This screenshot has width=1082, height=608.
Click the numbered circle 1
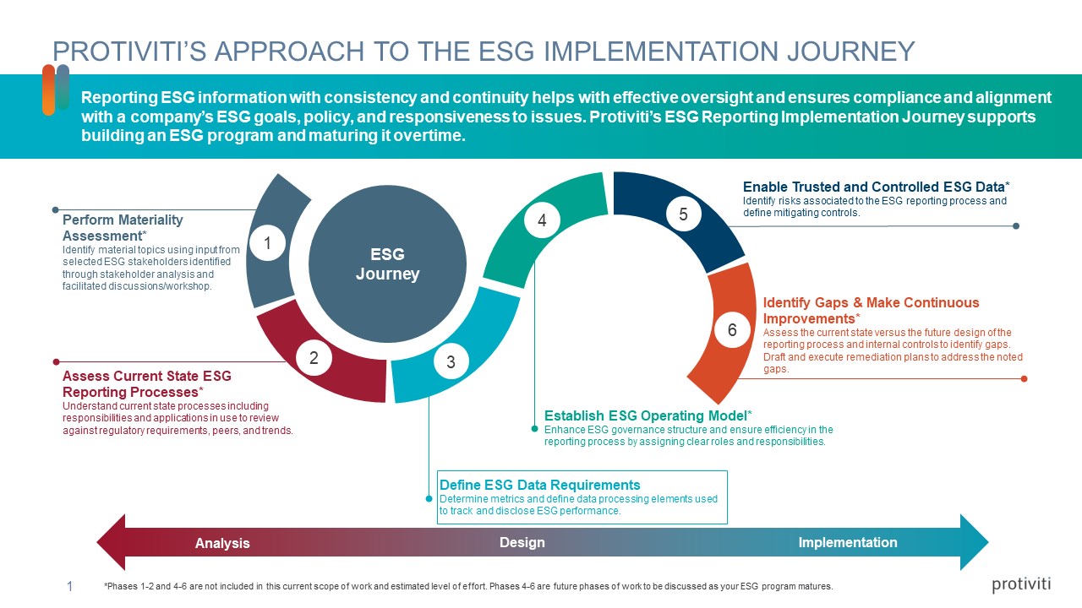point(267,244)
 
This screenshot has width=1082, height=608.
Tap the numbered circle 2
point(314,357)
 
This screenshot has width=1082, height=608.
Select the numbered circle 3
point(451,362)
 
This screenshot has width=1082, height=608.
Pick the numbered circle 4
point(542,220)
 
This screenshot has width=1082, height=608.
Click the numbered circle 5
point(683,214)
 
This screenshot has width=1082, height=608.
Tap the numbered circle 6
point(732,330)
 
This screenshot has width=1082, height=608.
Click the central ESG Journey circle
point(387,263)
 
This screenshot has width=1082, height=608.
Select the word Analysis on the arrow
point(222,543)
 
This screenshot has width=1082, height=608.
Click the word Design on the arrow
point(522,542)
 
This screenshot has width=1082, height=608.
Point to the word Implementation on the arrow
point(848,542)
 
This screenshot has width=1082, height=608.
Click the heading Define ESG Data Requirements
point(539,485)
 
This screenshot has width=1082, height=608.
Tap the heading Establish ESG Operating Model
point(647,415)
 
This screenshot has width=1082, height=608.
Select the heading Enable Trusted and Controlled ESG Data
point(876,187)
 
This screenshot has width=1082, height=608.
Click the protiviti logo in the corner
point(1021,584)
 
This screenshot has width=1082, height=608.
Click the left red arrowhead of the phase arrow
point(112,542)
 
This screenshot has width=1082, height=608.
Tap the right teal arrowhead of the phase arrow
point(974,542)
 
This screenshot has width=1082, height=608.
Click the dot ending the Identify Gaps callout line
point(1024,378)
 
